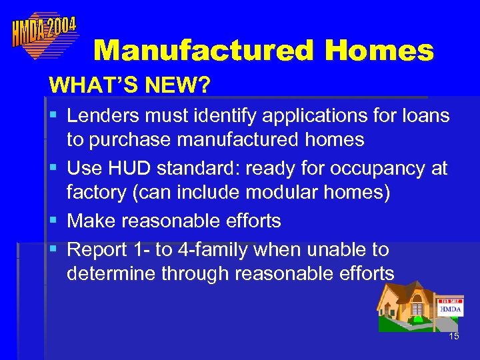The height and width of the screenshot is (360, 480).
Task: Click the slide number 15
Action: pyautogui.click(x=454, y=336)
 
